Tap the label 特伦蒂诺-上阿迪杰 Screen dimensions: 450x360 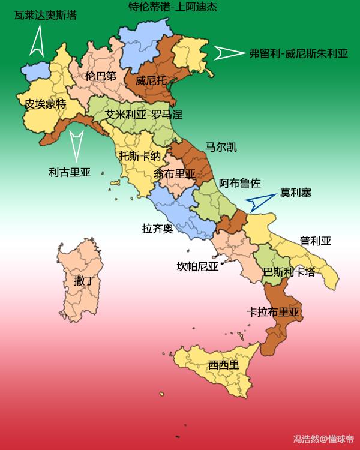(x=173, y=7)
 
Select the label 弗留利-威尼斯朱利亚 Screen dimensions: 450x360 (x=298, y=53)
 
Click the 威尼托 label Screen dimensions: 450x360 (x=151, y=80)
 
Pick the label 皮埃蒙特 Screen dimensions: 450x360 (x=46, y=104)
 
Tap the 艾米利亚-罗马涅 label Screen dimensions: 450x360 (x=143, y=114)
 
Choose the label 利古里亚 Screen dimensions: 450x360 (x=69, y=173)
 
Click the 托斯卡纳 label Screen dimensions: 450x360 (x=140, y=156)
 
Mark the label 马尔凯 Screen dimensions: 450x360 (x=220, y=147)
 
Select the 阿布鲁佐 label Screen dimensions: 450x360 (x=239, y=183)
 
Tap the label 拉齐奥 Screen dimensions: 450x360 (x=157, y=229)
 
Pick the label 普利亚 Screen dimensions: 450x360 (x=316, y=241)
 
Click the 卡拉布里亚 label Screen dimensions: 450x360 (x=273, y=312)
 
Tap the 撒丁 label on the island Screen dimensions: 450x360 (x=83, y=280)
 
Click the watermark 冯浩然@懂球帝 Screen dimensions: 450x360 (x=323, y=439)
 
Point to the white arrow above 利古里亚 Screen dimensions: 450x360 (x=76, y=144)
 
